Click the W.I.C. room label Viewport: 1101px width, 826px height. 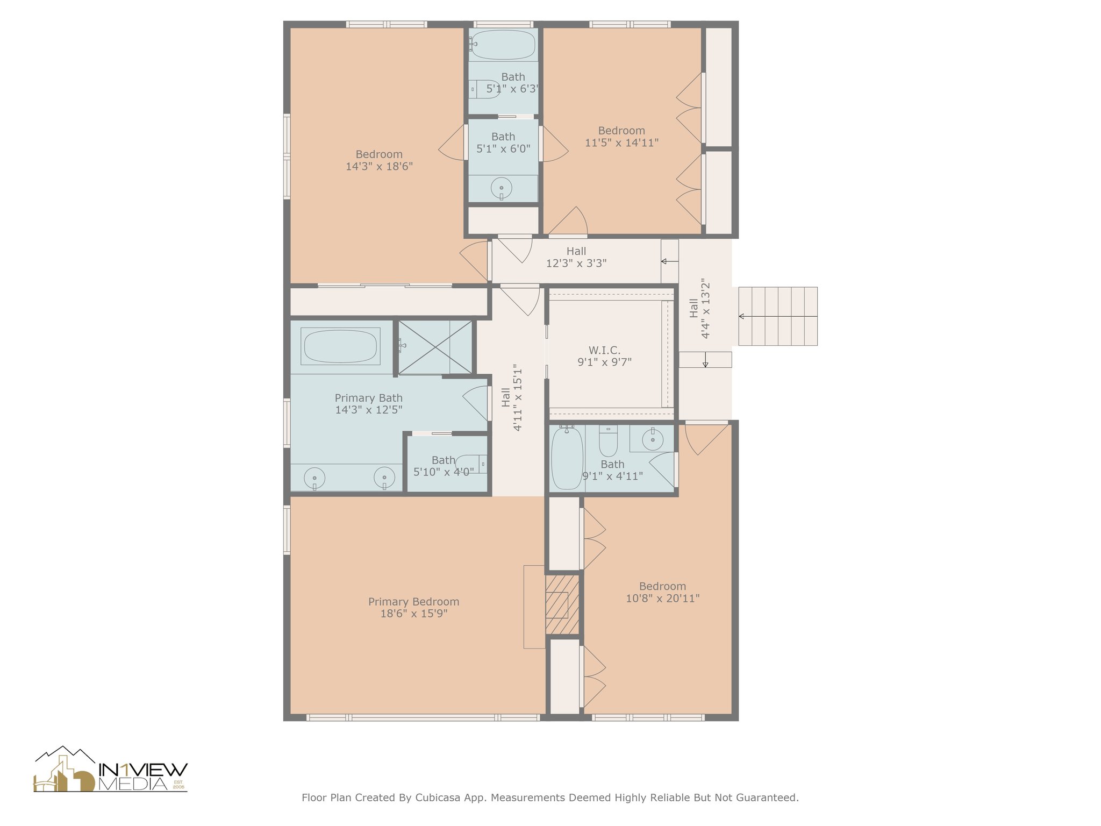click(x=604, y=351)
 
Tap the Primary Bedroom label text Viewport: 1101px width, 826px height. click(x=413, y=602)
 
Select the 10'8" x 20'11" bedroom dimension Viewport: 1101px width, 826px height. click(x=662, y=598)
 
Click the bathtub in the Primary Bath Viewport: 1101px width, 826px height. click(x=340, y=346)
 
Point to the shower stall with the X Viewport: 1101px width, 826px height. click(x=435, y=347)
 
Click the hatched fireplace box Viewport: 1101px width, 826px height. click(x=562, y=605)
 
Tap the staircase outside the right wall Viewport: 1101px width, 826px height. click(x=778, y=316)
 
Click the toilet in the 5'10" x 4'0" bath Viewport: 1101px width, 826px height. click(x=471, y=464)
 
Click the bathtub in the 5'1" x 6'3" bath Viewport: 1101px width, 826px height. click(x=503, y=45)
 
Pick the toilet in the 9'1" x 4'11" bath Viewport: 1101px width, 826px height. click(x=608, y=441)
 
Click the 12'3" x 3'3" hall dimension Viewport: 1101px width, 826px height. click(x=576, y=264)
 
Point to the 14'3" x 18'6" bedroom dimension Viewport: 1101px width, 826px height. click(x=379, y=167)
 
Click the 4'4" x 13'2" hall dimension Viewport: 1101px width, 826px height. click(x=706, y=308)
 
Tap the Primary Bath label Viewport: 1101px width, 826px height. click(x=369, y=398)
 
